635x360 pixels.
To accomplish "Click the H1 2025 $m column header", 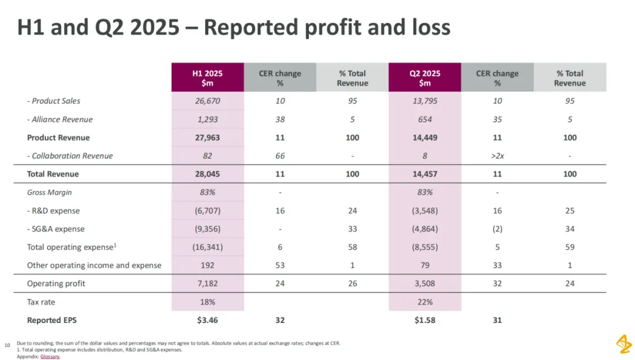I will point(208,78).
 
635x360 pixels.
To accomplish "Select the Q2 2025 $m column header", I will point(425,78).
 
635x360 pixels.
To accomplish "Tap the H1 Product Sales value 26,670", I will point(208,101).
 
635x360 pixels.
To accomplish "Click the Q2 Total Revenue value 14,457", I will point(425,174).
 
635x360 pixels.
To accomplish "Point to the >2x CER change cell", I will point(497,156).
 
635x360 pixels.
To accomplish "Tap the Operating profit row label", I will point(56,284).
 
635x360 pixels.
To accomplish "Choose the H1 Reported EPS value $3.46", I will point(208,321).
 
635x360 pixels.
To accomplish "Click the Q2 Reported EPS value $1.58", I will point(425,321).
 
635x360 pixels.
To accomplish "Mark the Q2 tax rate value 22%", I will point(425,302).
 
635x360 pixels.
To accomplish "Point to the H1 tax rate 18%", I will point(208,302).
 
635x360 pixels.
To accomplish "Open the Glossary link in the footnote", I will point(50,356).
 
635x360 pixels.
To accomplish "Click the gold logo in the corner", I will point(623,344).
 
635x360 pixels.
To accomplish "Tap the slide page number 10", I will point(8,345).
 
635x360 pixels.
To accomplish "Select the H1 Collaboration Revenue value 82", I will point(208,156).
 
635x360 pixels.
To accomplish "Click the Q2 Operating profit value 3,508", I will point(425,284).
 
